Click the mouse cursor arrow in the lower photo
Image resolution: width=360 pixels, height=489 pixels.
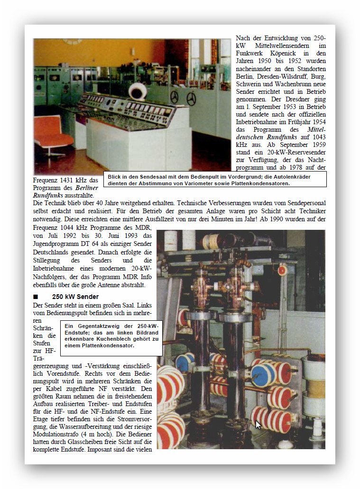click(x=258, y=425)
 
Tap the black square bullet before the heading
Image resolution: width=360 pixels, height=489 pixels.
click(x=36, y=297)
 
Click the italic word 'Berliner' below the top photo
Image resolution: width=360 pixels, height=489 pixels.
click(x=86, y=188)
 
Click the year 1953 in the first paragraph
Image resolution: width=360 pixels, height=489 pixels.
click(x=283, y=107)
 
